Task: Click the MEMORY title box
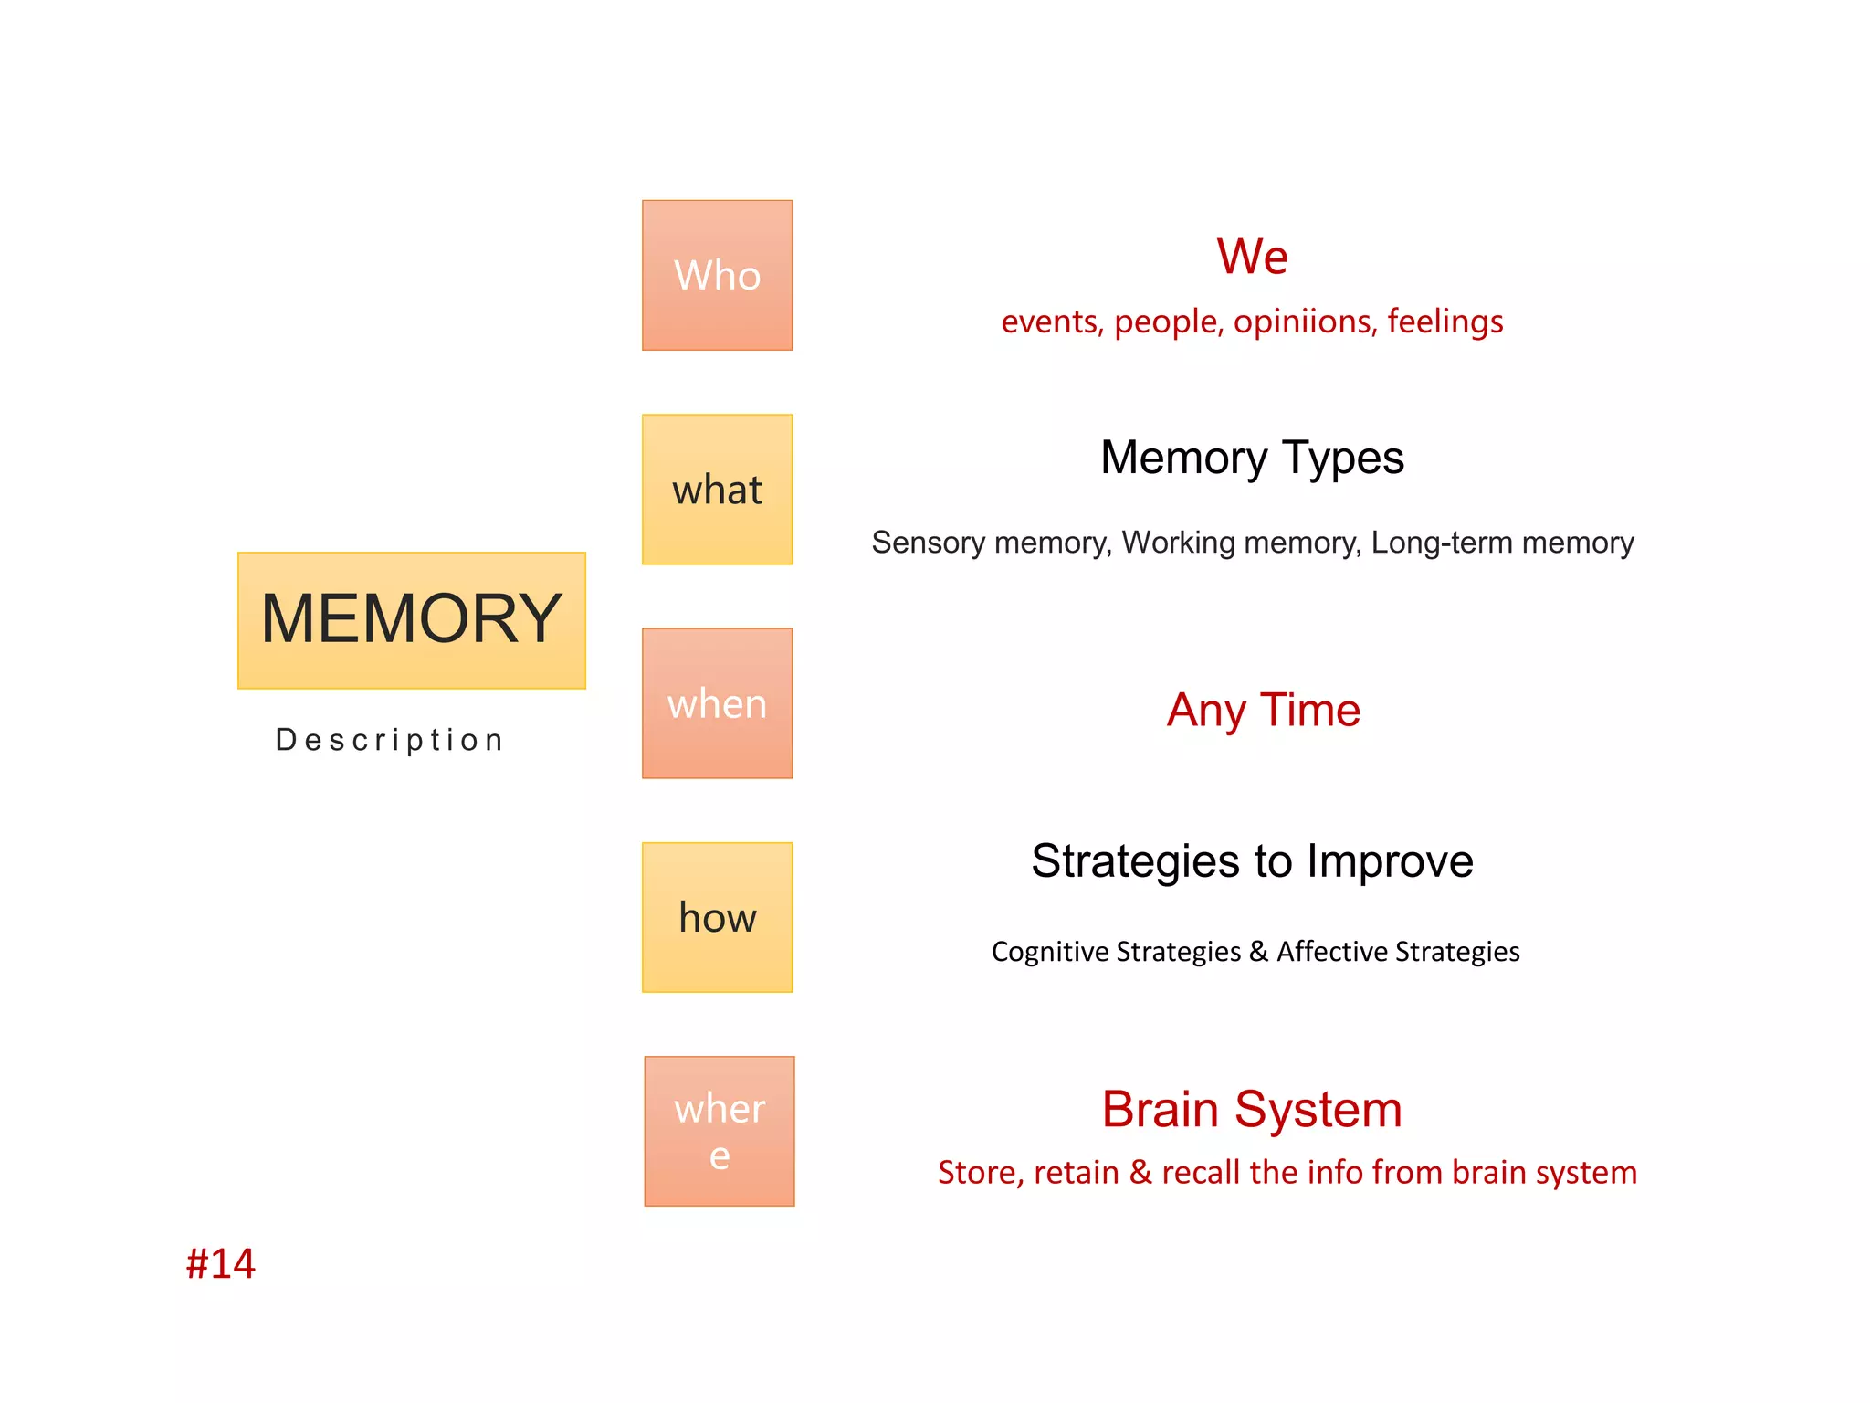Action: [x=411, y=620]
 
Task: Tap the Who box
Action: [x=717, y=275]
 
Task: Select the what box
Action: [x=717, y=490]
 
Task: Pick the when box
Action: [x=717, y=703]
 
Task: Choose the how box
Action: [x=717, y=917]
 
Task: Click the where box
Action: [x=719, y=1131]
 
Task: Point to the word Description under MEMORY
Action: [x=390, y=740]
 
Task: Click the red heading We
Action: [x=1252, y=257]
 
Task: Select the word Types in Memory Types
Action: [x=1342, y=459]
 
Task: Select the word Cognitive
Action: [x=1050, y=952]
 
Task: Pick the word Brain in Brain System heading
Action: [x=1160, y=1110]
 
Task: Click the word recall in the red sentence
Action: [x=1201, y=1173]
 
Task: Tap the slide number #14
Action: [x=220, y=1264]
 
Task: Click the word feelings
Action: [x=1445, y=322]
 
